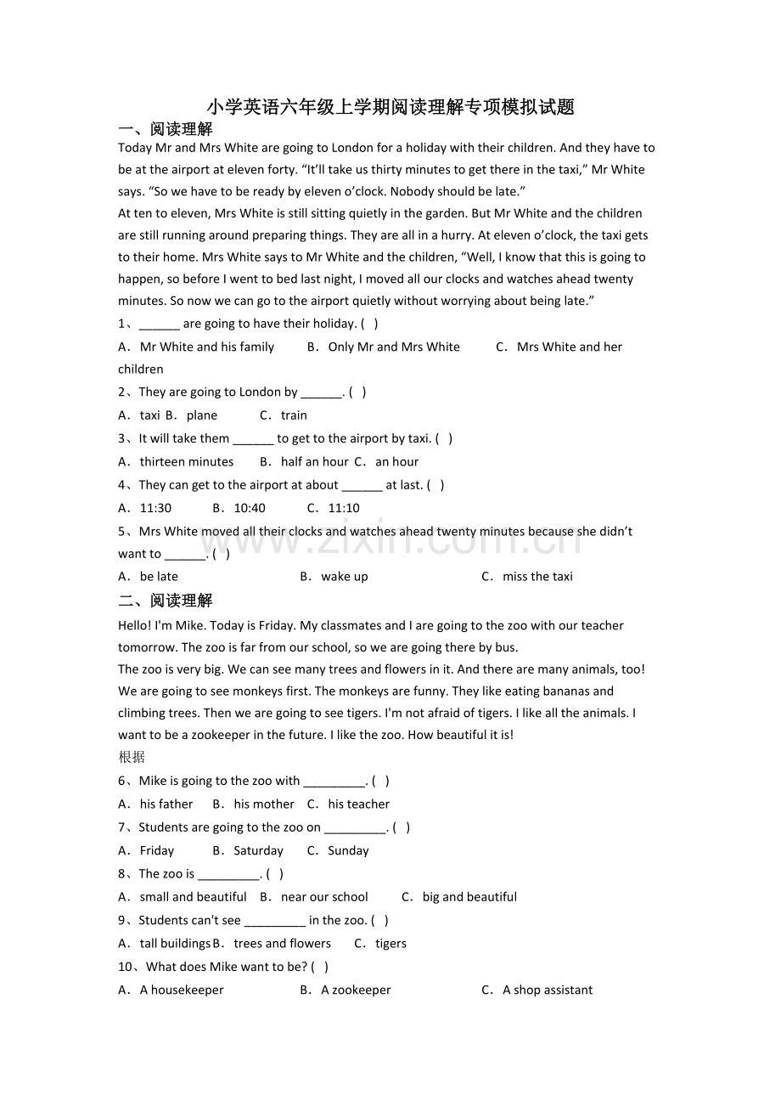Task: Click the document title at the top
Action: tap(390, 107)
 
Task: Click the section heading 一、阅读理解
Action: tap(166, 129)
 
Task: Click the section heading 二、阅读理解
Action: tap(166, 601)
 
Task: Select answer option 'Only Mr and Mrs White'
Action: tap(393, 347)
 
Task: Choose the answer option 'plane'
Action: tap(201, 415)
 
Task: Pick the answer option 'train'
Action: tap(294, 415)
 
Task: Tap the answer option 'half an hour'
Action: tap(314, 462)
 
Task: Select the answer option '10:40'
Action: tap(249, 508)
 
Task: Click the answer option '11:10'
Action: tap(343, 508)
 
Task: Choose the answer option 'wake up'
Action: tap(344, 577)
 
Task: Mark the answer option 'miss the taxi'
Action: tap(537, 577)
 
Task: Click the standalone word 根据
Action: tap(132, 757)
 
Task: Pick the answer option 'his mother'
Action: tap(263, 804)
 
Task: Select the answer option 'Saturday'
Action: tap(258, 851)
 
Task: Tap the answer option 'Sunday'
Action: tap(348, 851)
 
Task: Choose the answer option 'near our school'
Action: tap(324, 897)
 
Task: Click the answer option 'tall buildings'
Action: tap(174, 944)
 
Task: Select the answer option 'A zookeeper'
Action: tap(356, 990)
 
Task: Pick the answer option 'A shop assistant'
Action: tap(548, 990)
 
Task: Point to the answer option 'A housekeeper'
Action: tap(182, 990)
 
